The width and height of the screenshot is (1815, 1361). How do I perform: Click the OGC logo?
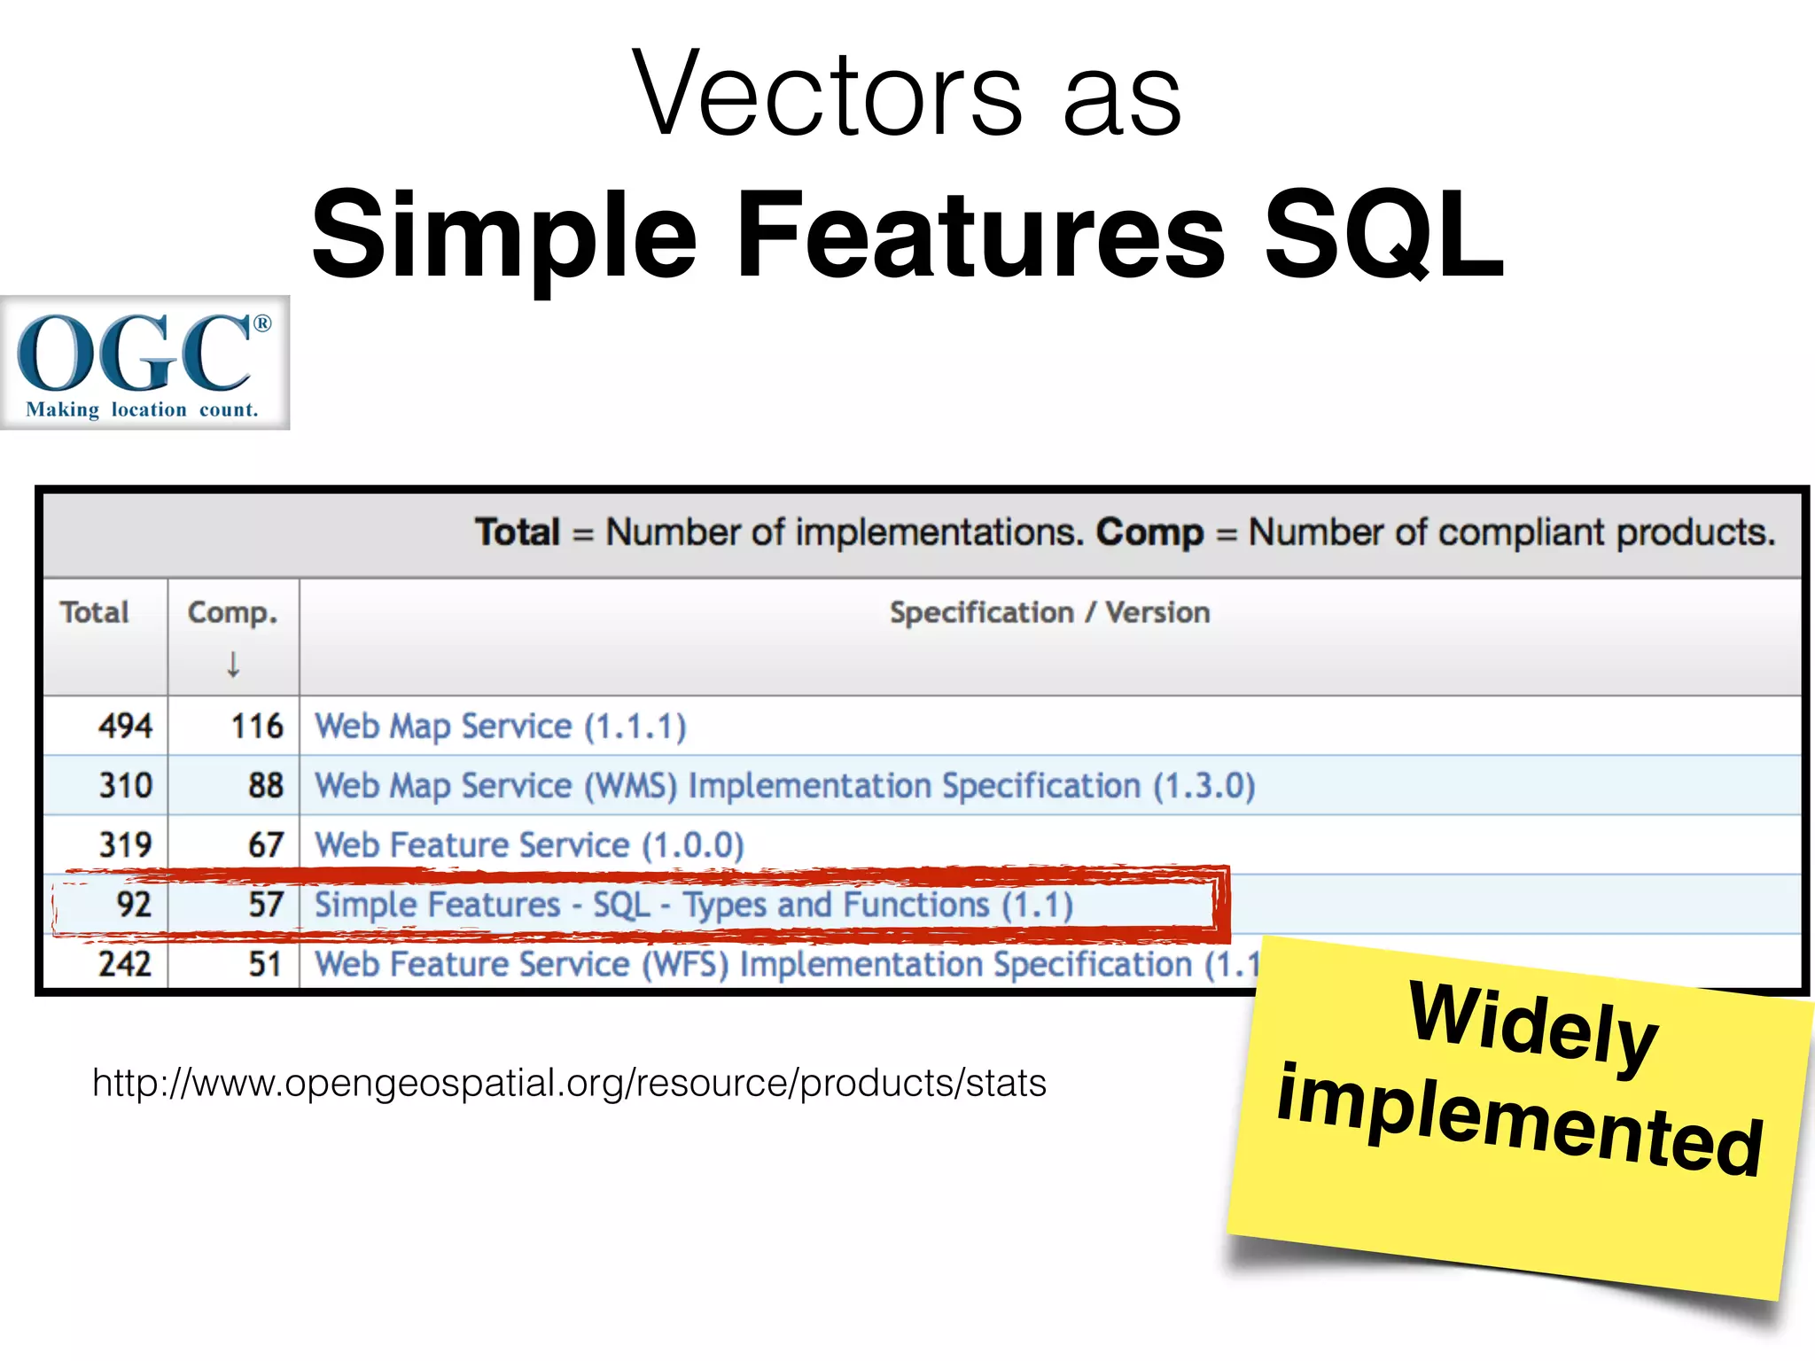[144, 362]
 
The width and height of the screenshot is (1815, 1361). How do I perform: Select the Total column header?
[94, 612]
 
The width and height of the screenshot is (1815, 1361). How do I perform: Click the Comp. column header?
[232, 612]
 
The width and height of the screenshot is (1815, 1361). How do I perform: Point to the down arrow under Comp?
[233, 664]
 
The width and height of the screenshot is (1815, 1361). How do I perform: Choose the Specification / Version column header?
[1049, 612]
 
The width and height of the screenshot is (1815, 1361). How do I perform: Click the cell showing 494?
[125, 726]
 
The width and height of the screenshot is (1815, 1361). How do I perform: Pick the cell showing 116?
[257, 726]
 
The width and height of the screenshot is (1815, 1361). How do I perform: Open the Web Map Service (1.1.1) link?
[501, 726]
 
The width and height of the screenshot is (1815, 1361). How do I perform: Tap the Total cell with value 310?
[125, 785]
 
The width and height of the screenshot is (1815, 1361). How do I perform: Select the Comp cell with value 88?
[266, 785]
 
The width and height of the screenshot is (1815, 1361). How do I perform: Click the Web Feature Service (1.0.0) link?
[529, 844]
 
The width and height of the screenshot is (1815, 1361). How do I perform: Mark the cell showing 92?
[134, 905]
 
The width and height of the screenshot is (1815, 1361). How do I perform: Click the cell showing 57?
[266, 905]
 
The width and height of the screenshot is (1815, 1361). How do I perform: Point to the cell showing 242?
[125, 964]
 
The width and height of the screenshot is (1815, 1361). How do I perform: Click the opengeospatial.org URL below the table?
[569, 1083]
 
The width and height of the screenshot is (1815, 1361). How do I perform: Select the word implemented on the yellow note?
[1519, 1121]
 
